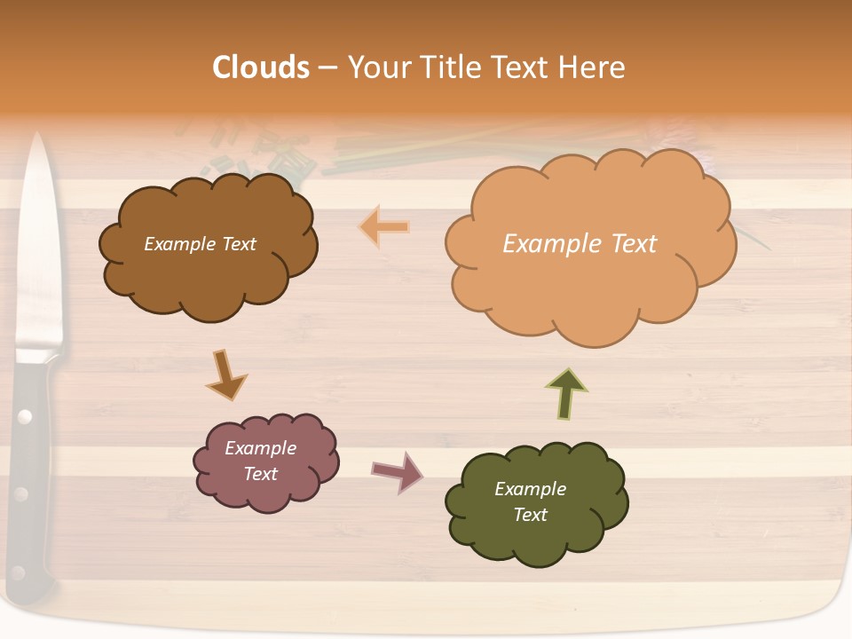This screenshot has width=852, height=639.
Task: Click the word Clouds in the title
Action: tap(260, 67)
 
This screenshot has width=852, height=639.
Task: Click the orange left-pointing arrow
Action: tap(384, 227)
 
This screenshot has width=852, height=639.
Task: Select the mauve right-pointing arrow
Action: tap(398, 471)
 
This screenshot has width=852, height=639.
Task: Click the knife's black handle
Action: tap(32, 470)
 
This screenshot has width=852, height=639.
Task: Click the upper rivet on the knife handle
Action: tap(25, 415)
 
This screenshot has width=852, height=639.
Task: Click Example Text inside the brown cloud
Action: tap(200, 244)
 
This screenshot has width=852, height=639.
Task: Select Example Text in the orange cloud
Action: tap(580, 244)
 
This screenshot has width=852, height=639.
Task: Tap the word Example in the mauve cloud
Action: tap(260, 448)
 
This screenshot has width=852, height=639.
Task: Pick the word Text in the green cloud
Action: tap(530, 515)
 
